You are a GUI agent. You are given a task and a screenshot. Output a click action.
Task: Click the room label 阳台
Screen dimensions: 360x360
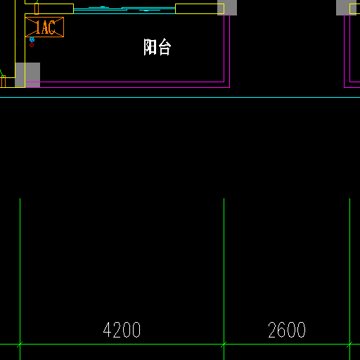pyautogui.click(x=157, y=47)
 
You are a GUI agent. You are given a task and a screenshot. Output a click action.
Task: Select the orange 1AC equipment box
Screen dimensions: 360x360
pyautogui.click(x=44, y=27)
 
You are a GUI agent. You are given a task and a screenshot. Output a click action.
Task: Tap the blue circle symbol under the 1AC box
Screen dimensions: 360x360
pyautogui.click(x=32, y=39)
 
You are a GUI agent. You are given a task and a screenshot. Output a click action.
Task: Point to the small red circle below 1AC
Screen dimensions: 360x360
pyautogui.click(x=32, y=45)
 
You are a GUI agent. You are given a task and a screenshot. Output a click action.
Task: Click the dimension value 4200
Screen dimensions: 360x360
pyautogui.click(x=122, y=330)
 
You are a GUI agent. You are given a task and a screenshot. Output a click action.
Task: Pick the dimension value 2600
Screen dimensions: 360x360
pyautogui.click(x=287, y=330)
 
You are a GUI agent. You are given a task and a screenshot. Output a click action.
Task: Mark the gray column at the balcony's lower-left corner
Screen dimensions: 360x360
pyautogui.click(x=27, y=75)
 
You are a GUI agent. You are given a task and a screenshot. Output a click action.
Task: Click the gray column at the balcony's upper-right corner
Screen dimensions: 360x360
pyautogui.click(x=227, y=8)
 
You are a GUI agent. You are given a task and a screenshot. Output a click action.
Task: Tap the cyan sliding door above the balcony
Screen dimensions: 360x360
pyautogui.click(x=124, y=10)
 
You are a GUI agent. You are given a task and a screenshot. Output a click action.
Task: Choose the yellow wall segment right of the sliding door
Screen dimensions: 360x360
pyautogui.click(x=200, y=8)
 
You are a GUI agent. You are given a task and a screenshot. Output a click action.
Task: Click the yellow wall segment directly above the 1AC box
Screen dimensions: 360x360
pyautogui.click(x=49, y=8)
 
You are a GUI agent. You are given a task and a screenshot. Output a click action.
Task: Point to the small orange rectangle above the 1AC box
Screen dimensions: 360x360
pyautogui.click(x=37, y=8)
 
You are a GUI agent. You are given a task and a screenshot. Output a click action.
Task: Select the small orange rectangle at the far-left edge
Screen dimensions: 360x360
pyautogui.click(x=3, y=82)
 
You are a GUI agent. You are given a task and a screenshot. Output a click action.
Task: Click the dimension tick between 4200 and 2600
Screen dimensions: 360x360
pyautogui.click(x=224, y=345)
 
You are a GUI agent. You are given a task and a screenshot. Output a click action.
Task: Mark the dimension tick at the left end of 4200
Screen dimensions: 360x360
pyautogui.click(x=20, y=345)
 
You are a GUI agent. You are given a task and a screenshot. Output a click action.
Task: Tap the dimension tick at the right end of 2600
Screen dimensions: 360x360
pyautogui.click(x=349, y=345)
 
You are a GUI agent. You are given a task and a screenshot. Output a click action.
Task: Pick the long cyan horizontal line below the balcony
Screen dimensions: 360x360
pyautogui.click(x=180, y=97)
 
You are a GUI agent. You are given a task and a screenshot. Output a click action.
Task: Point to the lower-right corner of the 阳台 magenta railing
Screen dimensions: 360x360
pyautogui.click(x=229, y=87)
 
